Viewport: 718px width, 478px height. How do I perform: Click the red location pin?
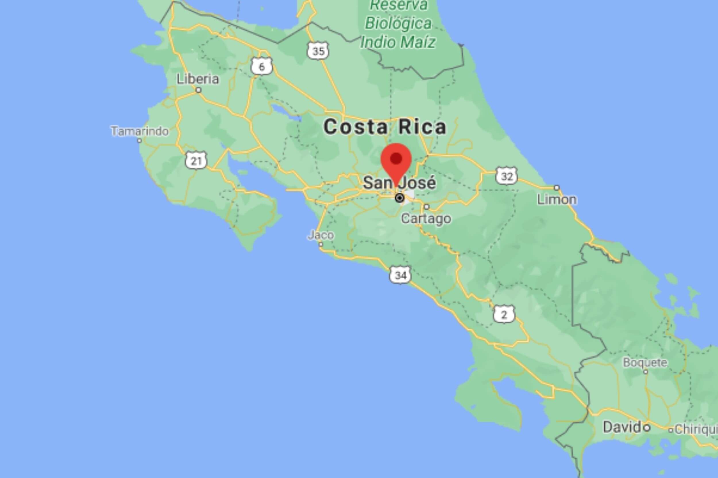tap(396, 161)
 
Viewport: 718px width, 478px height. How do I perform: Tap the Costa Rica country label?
tap(385, 127)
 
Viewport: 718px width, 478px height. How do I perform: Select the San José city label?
tap(399, 183)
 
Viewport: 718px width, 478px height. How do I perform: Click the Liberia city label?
tap(198, 79)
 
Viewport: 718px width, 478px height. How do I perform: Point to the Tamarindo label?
tap(140, 131)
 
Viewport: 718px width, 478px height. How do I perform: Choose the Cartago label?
tap(426, 218)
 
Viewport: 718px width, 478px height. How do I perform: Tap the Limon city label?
tap(557, 200)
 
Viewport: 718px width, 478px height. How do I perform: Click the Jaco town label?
tap(321, 235)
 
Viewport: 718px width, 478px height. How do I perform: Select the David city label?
tap(622, 427)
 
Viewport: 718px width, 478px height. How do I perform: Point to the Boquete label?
tap(645, 362)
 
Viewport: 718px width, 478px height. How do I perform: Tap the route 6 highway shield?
tap(262, 67)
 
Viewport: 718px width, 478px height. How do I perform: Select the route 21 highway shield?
tap(196, 160)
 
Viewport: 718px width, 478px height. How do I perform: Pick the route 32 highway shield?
tap(507, 176)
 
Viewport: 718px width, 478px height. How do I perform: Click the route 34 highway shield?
tap(400, 275)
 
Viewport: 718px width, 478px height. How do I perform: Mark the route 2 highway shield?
tap(504, 315)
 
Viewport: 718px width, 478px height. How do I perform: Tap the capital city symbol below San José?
tap(399, 198)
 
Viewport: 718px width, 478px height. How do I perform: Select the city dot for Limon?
tap(557, 188)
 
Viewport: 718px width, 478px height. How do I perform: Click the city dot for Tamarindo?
tap(140, 141)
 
